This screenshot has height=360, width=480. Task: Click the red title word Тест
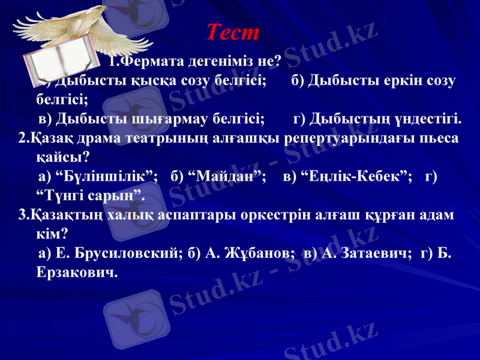(x=233, y=32)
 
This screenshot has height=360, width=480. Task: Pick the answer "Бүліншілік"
(x=106, y=176)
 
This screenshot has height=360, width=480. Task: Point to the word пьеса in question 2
(x=440, y=138)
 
